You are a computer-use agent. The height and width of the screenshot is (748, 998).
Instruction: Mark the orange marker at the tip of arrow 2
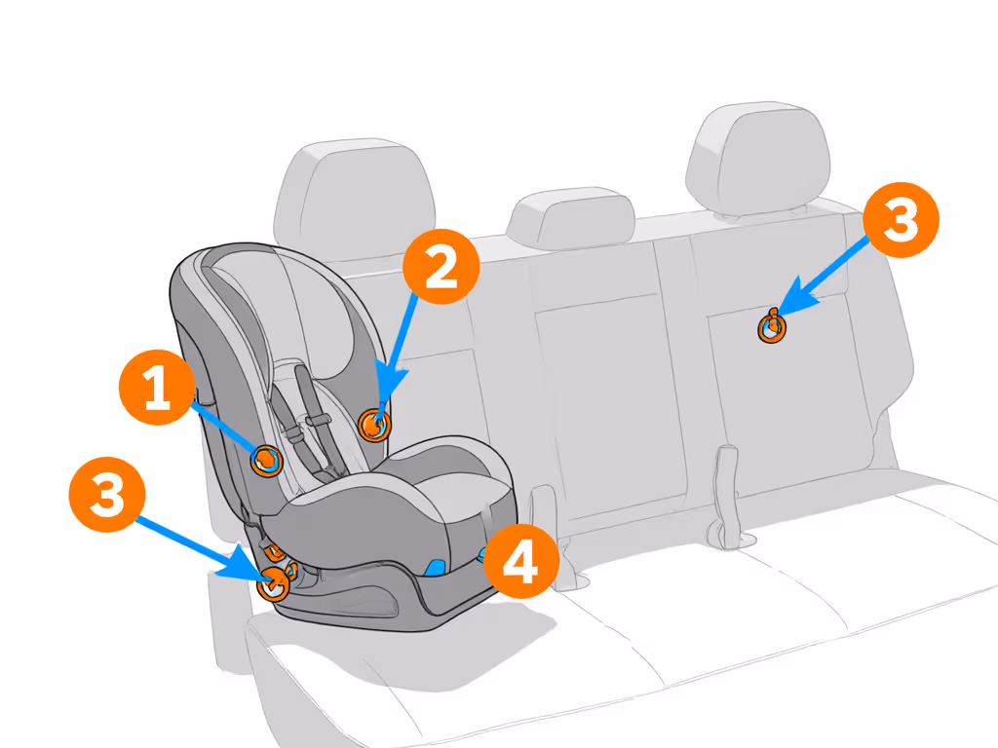pyautogui.click(x=374, y=424)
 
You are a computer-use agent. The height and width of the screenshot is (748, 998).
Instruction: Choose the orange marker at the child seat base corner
pyautogui.click(x=273, y=582)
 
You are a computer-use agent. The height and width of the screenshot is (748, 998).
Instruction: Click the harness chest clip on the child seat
pyautogui.click(x=314, y=421)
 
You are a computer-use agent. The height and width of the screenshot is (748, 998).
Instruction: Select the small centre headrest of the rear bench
pyautogui.click(x=570, y=220)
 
